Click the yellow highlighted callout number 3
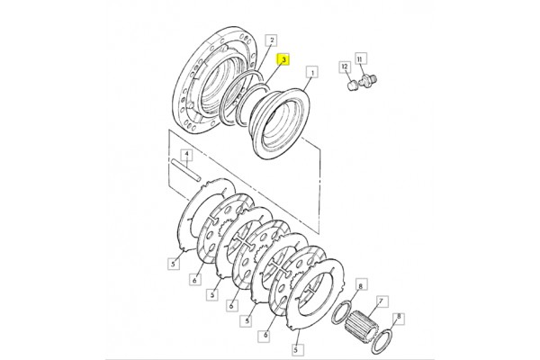(x=283, y=60)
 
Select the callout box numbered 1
(x=312, y=72)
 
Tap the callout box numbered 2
(x=272, y=40)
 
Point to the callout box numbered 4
(x=186, y=155)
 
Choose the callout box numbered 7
(x=381, y=301)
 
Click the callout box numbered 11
(x=359, y=58)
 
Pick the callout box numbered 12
(x=345, y=67)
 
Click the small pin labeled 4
(x=185, y=170)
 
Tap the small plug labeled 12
(x=352, y=85)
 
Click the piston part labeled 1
(x=280, y=122)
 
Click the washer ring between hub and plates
(x=342, y=311)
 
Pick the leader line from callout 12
(x=348, y=76)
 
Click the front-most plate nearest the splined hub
(x=315, y=293)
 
